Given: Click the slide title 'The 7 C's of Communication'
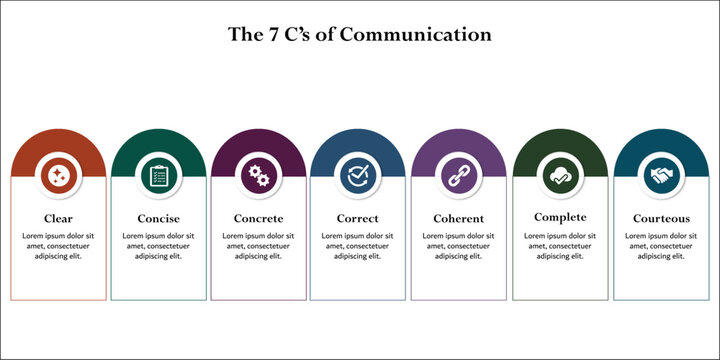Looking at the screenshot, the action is [360, 35].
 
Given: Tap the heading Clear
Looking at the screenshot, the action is [58, 218].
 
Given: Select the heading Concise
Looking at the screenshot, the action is [158, 218].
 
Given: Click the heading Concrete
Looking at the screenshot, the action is [258, 218].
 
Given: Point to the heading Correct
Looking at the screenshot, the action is [358, 218].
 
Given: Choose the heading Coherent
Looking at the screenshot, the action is [459, 218].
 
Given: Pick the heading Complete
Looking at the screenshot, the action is [560, 217].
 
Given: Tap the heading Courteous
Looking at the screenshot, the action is [660, 218].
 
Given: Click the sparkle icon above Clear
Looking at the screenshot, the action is [58, 176].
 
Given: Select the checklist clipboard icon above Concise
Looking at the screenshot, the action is [158, 176].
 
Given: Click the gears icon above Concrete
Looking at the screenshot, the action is [258, 176].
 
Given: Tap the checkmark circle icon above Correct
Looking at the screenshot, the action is [358, 176].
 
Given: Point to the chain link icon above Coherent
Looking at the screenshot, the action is [459, 176].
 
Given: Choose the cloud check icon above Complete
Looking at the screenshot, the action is [560, 176].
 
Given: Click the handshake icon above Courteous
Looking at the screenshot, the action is [660, 176].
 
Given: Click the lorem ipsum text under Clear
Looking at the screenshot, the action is [58, 246].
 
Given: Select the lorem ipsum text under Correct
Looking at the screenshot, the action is [358, 246].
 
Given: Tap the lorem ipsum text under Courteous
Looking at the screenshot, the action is [660, 246].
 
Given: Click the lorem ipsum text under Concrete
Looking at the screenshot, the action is [258, 246].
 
